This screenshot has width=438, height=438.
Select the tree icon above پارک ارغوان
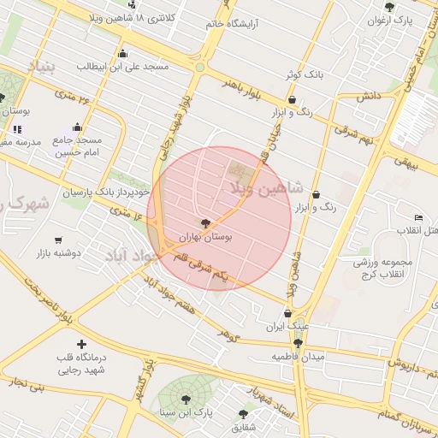coord(390,7)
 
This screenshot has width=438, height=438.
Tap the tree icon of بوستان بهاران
coord(204,222)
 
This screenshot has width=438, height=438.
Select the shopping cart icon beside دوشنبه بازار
coord(58,240)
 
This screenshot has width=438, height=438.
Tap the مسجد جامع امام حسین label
coord(78,146)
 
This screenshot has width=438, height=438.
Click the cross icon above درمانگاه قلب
coord(81,344)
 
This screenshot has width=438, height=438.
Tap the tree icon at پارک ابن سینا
coord(186,399)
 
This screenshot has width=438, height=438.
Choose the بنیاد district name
coord(40,65)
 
